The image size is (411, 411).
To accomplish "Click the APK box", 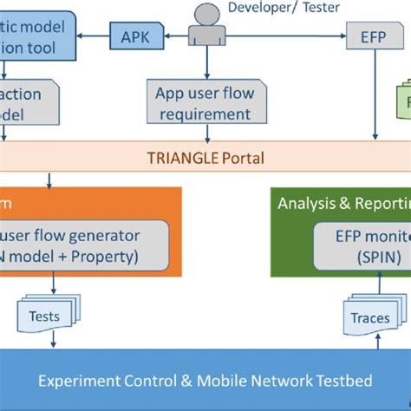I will (134, 36).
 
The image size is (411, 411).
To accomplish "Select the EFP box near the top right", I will (375, 37).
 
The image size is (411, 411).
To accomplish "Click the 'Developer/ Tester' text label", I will (284, 9).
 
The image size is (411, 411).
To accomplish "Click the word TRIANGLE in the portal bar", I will (178, 158).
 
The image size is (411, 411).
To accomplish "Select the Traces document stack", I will (371, 317).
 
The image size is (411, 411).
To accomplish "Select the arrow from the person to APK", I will (174, 37).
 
